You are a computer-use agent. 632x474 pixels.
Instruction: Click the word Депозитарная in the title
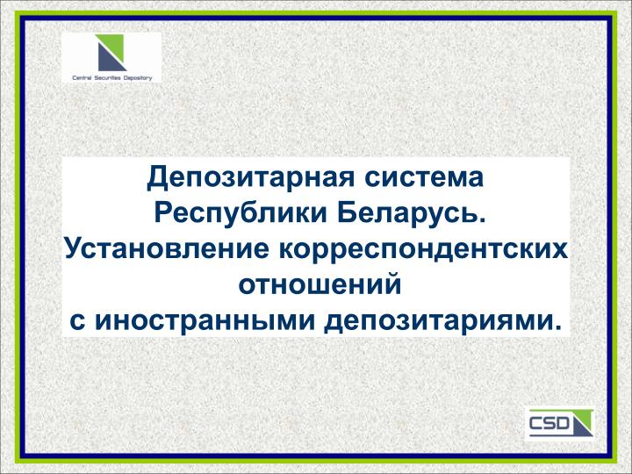click(x=251, y=177)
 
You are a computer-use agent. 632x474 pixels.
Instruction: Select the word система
click(x=424, y=177)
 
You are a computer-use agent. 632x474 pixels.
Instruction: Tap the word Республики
click(x=241, y=213)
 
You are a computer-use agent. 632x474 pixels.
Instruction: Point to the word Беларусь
click(x=408, y=212)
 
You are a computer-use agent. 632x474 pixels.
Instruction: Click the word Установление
click(x=167, y=249)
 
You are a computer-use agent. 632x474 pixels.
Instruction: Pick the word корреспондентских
click(x=423, y=250)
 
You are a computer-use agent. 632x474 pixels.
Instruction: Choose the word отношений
click(x=320, y=284)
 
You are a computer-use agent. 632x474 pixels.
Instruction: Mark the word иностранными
click(x=205, y=321)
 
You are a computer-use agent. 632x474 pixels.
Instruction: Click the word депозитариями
click(x=438, y=322)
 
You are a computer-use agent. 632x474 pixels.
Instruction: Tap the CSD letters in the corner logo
click(x=548, y=423)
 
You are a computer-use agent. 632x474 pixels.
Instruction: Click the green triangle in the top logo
click(x=113, y=47)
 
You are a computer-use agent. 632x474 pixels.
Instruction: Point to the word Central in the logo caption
click(x=82, y=78)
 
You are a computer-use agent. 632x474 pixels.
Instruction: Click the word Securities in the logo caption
click(x=108, y=78)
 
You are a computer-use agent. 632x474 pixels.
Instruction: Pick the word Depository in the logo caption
click(x=138, y=78)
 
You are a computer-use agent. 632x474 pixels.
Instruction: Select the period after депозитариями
click(x=557, y=327)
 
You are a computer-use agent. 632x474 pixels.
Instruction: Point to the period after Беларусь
click(x=481, y=220)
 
